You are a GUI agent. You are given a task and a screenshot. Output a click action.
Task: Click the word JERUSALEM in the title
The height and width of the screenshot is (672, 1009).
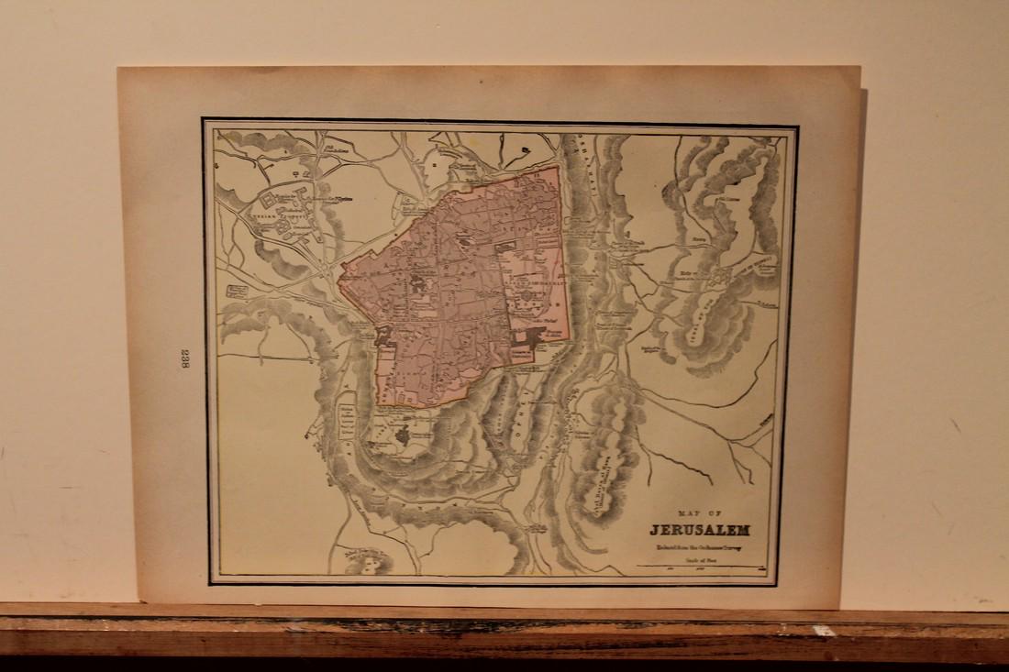(700, 530)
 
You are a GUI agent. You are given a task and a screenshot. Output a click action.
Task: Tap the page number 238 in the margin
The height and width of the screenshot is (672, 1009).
(184, 358)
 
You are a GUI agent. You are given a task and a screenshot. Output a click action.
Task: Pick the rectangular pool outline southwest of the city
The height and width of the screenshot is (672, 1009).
(347, 418)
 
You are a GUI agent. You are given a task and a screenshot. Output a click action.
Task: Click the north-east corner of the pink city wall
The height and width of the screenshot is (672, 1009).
(559, 166)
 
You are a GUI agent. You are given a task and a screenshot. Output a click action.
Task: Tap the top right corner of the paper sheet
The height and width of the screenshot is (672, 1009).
(860, 68)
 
